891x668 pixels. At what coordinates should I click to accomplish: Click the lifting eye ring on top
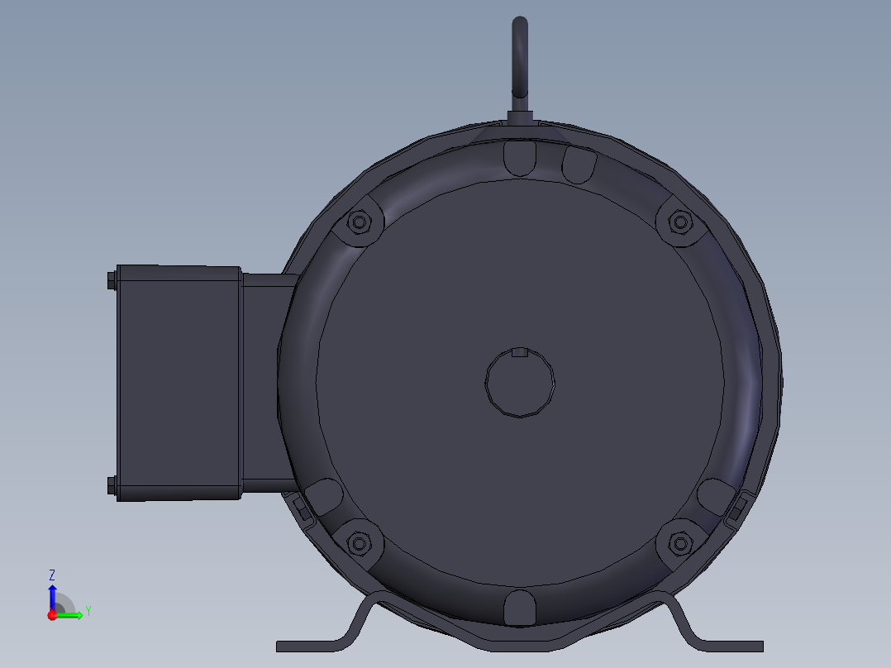[x=519, y=58]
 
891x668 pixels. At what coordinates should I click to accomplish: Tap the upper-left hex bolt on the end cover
[x=359, y=222]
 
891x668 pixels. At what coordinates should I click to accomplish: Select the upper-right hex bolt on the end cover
[x=679, y=222]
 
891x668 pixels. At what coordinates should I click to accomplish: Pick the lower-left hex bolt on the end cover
[x=359, y=543]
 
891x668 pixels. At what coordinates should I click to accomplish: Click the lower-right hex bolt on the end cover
[x=679, y=543]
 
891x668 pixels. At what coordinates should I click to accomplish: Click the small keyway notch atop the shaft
[x=519, y=353]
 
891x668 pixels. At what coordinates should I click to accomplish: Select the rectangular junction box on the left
[x=178, y=383]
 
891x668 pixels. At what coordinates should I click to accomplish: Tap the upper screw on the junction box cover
[x=112, y=282]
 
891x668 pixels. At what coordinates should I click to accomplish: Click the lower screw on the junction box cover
[x=112, y=486]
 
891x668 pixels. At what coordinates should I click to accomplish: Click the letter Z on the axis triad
[x=52, y=574]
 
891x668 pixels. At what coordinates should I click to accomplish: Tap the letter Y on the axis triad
[x=88, y=611]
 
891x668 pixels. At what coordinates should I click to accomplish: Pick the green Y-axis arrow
[x=71, y=615]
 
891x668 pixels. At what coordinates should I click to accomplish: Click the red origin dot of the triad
[x=52, y=615]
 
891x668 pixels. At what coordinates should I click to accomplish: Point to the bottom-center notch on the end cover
[x=519, y=608]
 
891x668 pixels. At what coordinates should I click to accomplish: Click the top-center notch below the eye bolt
[x=519, y=157]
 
